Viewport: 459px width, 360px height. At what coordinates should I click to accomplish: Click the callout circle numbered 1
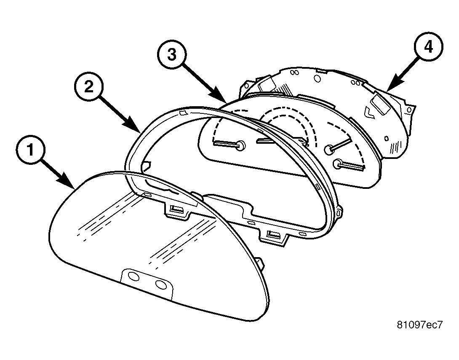pos(30,150)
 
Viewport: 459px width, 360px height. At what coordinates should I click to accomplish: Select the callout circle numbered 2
pos(89,87)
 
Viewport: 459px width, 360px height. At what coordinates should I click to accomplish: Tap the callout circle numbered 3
pos(172,54)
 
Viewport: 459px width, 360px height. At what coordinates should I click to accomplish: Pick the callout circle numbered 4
pos(428,47)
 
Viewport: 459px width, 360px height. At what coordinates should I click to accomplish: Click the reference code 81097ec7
pos(419,325)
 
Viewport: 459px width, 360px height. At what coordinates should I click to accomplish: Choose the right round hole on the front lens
pos(161,284)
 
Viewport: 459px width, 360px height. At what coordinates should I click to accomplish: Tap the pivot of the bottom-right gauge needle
pos(339,164)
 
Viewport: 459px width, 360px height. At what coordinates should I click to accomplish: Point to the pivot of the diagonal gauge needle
pos(329,149)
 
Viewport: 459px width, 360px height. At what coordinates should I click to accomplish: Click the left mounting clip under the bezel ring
pos(177,210)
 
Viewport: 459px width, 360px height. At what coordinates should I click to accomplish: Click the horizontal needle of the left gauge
pos(226,143)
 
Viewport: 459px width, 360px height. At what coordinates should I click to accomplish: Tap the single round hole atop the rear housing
pos(317,78)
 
